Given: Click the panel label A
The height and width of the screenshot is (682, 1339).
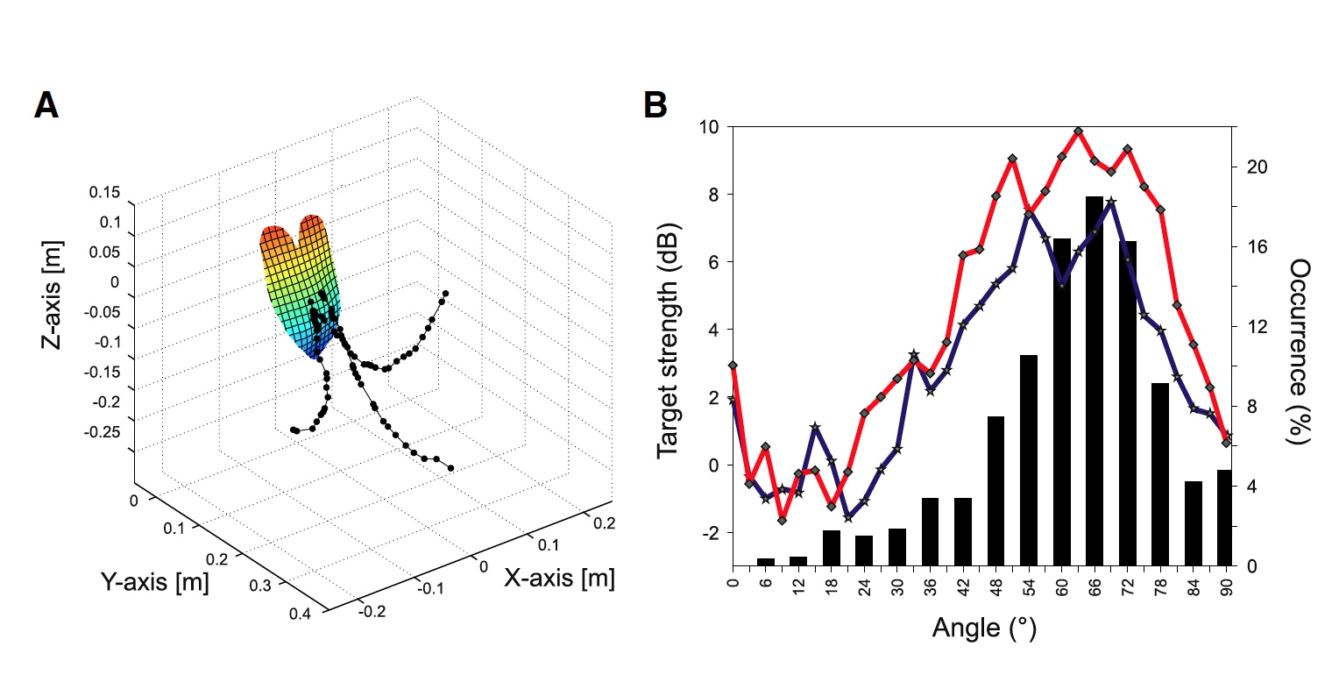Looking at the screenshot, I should click(x=46, y=106).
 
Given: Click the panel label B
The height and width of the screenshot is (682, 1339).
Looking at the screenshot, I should click(x=655, y=105).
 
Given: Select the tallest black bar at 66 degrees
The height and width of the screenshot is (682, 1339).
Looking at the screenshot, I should click(x=1095, y=381).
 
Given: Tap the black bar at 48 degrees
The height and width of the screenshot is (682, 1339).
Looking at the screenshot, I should click(x=996, y=491).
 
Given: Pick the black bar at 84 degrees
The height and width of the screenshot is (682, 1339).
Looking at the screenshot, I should click(x=1194, y=523).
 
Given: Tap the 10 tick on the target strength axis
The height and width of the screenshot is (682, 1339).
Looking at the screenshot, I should click(x=709, y=127).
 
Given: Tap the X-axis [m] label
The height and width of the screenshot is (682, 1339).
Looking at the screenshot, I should click(x=558, y=578).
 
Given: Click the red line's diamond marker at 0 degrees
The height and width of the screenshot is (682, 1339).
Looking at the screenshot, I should click(x=733, y=366).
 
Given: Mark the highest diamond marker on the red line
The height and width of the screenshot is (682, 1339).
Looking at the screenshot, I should click(x=1078, y=131).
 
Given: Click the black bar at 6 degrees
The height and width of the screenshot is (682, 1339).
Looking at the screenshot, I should click(x=766, y=562).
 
